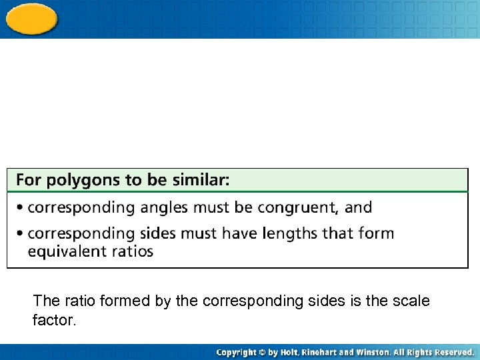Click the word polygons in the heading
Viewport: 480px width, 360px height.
click(77, 181)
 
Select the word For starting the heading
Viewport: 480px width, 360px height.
click(29, 180)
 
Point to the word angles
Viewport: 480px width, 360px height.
click(165, 208)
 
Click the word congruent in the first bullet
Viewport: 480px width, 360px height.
click(297, 208)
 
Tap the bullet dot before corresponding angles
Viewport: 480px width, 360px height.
click(21, 208)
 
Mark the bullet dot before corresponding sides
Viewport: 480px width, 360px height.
click(21, 234)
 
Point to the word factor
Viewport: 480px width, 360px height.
click(54, 321)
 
